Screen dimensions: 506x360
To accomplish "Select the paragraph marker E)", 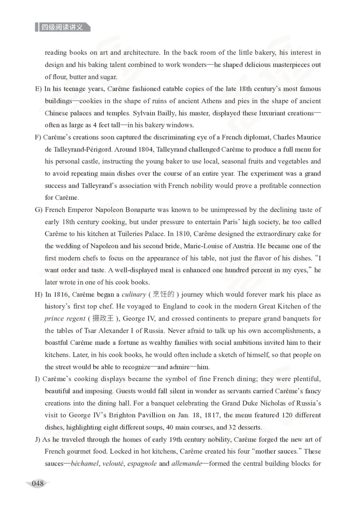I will [x=38, y=89].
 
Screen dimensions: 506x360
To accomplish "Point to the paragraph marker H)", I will [x=38, y=294].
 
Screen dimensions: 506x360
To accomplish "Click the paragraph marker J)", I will [x=38, y=439].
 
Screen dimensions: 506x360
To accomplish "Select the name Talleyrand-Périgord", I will [x=75, y=149].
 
